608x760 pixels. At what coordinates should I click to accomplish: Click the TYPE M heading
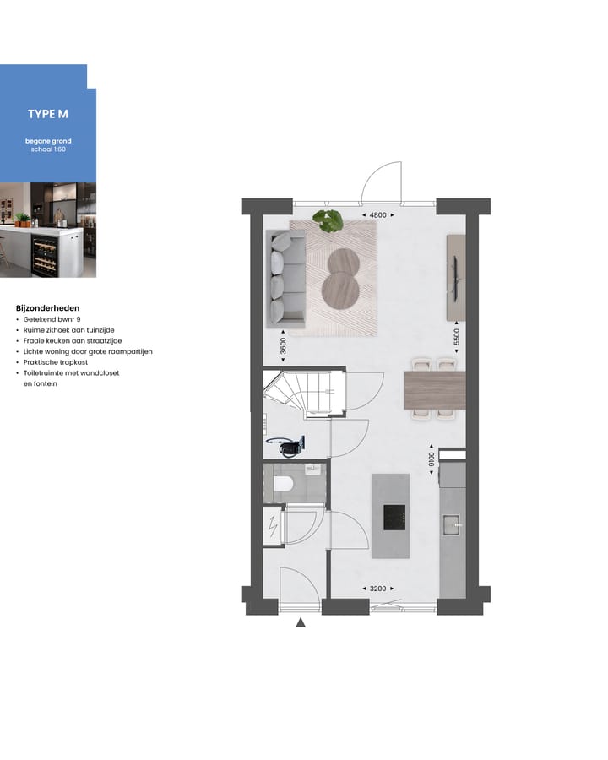pyautogui.click(x=47, y=114)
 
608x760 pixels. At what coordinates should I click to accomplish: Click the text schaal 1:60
pyautogui.click(x=47, y=149)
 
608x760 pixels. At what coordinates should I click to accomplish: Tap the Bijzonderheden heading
pyautogui.click(x=48, y=308)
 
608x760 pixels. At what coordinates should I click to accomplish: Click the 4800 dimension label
pyautogui.click(x=377, y=215)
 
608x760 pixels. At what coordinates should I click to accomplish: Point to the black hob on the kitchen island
pyautogui.click(x=394, y=517)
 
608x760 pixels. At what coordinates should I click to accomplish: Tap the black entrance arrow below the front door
pyautogui.click(x=300, y=624)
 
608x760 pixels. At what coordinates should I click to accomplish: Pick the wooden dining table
pyautogui.click(x=435, y=390)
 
